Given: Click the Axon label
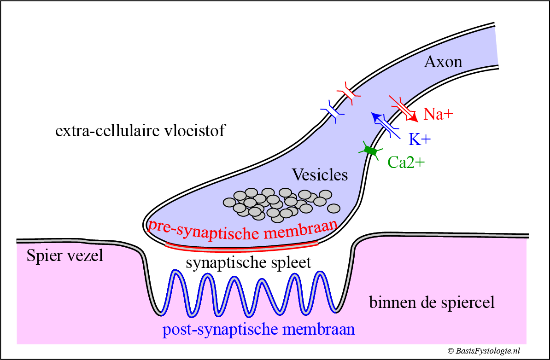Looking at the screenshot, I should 443,61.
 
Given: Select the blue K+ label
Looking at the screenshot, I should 419,139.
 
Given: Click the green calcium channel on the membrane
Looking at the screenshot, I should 370,151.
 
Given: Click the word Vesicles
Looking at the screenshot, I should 320,175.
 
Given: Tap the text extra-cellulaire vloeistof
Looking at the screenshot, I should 140,132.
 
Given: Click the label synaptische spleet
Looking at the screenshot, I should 248,263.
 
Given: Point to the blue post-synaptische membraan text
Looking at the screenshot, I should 259,330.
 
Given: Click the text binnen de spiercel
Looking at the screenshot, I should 432,302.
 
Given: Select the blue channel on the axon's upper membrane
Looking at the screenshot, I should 333,110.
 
